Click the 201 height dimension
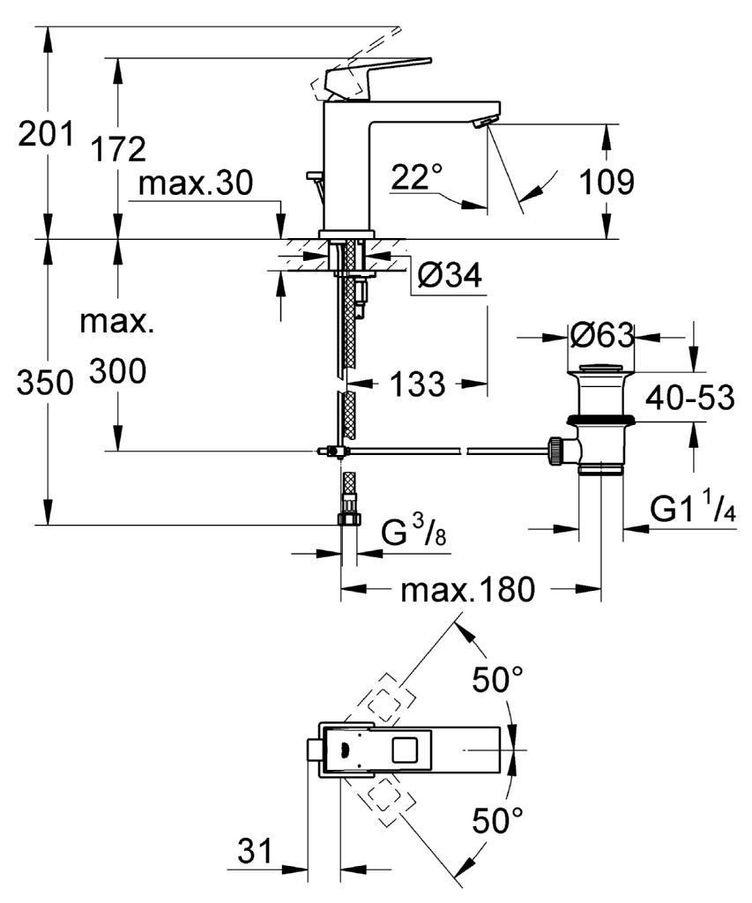(47, 136)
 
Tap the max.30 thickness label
(196, 183)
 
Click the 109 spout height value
(606, 183)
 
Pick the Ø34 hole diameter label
(449, 277)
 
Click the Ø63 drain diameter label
(601, 336)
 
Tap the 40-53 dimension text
(689, 399)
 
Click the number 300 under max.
(117, 373)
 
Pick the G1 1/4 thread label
(693, 510)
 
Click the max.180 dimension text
(467, 590)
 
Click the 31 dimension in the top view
(255, 854)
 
